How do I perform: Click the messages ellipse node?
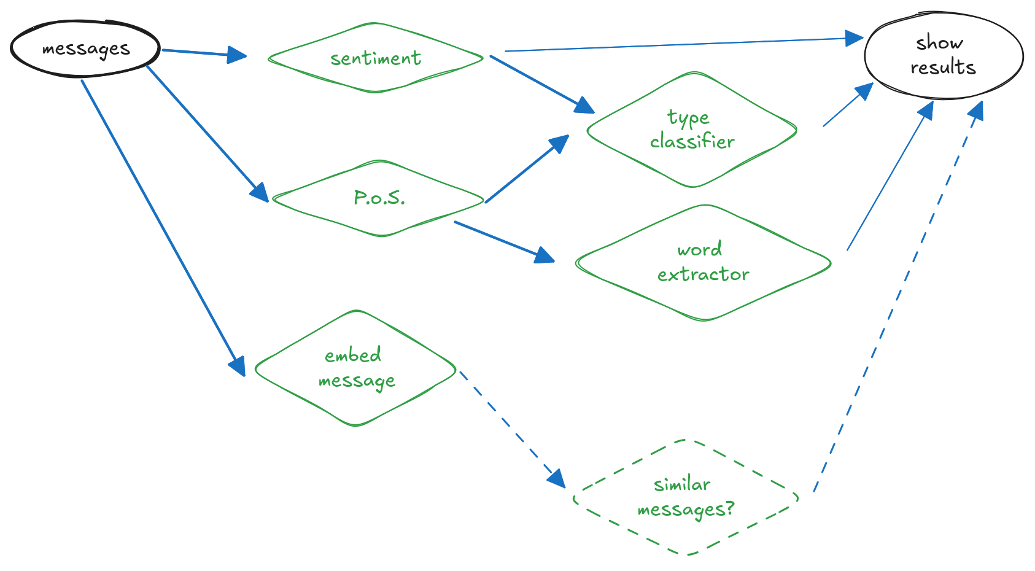(x=85, y=49)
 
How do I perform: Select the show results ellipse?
(x=943, y=56)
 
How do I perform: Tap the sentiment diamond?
(x=375, y=58)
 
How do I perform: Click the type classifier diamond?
(x=692, y=130)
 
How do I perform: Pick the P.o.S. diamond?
(x=379, y=198)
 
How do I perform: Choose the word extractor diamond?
(x=703, y=262)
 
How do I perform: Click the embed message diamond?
(x=355, y=368)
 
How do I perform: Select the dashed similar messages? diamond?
(x=686, y=497)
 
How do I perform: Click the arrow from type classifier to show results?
(x=847, y=106)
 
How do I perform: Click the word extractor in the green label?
(x=703, y=262)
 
